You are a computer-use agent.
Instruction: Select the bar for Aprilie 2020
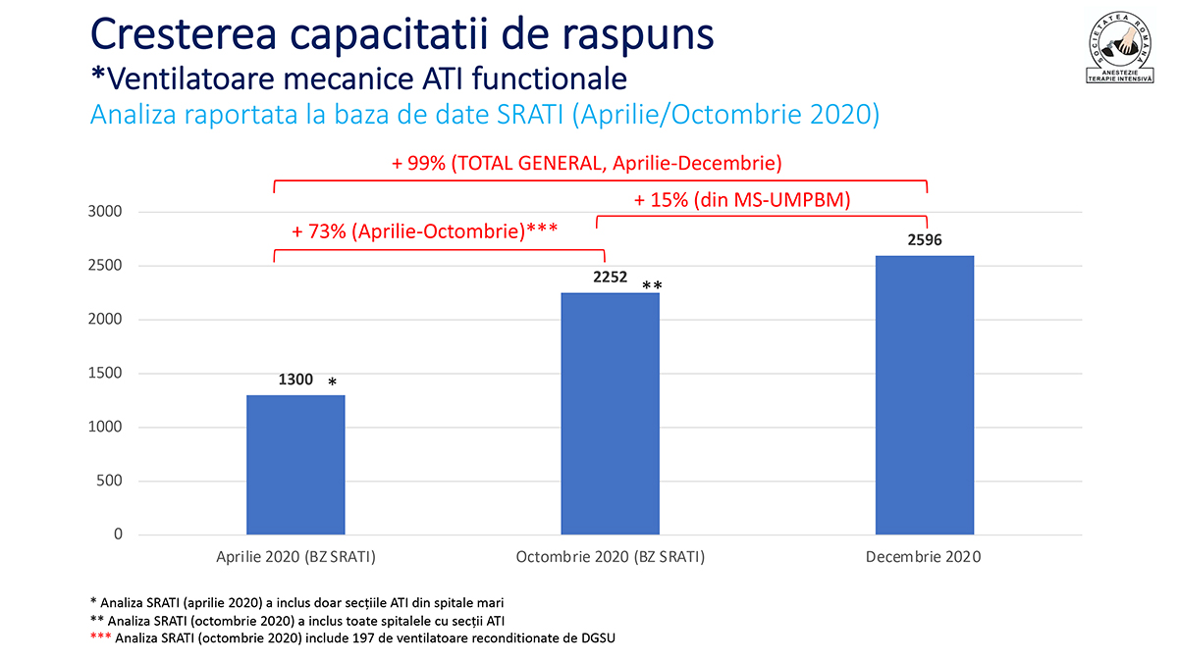pos(295,465)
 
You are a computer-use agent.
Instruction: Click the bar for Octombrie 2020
pos(610,414)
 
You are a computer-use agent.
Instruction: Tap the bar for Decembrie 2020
pos(925,395)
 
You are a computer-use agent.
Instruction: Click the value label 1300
pos(295,380)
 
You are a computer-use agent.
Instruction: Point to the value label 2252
pos(610,277)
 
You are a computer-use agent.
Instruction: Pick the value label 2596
pos(925,240)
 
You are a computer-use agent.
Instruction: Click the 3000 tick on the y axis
pos(105,211)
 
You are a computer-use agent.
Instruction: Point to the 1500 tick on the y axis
pos(105,373)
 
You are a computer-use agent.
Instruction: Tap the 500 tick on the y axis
pos(109,481)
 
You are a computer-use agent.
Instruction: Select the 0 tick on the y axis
pos(118,534)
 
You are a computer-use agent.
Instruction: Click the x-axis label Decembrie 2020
pos(924,557)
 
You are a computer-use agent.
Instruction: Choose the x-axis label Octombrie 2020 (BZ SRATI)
pos(610,557)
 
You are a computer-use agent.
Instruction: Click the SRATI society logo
pos(1120,47)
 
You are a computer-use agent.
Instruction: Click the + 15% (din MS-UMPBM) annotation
pos(742,200)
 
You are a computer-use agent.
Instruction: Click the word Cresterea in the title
pos(184,34)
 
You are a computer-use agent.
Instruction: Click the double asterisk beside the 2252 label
pos(652,285)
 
